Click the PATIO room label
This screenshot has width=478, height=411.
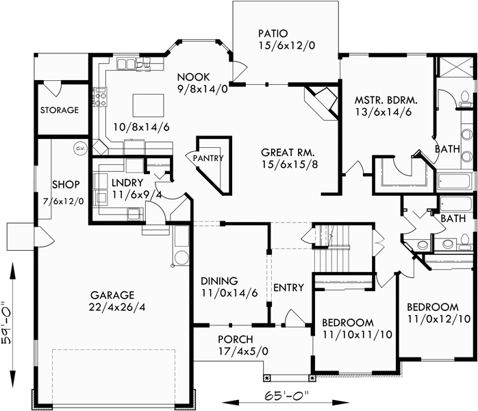tap(273, 33)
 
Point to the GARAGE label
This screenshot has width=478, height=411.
tap(112, 295)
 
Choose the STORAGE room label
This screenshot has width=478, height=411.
tap(59, 110)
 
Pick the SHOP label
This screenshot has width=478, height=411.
tap(66, 184)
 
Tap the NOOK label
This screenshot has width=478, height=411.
tap(192, 77)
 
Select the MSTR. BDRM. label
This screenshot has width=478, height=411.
tap(386, 100)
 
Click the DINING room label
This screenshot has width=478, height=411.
tap(219, 281)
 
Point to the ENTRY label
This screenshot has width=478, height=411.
tap(288, 288)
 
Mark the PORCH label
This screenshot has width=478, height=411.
tap(235, 340)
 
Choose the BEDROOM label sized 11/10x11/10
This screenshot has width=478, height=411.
tap(347, 323)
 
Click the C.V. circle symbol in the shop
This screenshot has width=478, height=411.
tap(79, 149)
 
